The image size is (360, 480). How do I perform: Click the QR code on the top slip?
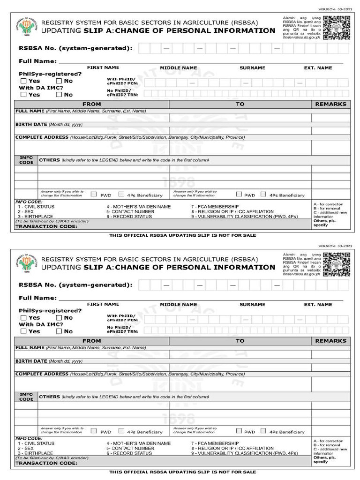click(337, 27)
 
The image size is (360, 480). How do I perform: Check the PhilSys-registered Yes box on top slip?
click(23, 81)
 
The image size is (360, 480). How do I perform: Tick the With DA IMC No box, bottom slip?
click(59, 331)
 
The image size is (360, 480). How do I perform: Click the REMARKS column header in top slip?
click(330, 104)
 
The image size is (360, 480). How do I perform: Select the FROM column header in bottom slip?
click(91, 341)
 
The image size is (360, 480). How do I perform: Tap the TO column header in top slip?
click(240, 104)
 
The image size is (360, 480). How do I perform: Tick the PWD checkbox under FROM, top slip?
click(94, 194)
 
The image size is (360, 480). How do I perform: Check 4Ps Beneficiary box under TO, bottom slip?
click(263, 431)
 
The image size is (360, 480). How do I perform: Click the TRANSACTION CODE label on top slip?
click(46, 226)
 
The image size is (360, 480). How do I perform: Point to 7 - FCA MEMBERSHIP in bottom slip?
click(215, 443)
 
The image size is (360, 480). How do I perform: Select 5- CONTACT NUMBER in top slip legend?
click(130, 211)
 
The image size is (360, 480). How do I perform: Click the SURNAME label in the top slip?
click(252, 68)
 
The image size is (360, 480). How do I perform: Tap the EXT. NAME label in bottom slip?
click(318, 305)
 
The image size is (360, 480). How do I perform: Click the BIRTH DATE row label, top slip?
click(31, 125)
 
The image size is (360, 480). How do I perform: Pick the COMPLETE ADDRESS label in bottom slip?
click(42, 374)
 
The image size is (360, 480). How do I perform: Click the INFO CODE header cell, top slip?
click(26, 160)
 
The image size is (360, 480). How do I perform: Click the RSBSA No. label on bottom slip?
click(75, 285)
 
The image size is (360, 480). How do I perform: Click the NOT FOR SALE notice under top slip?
click(183, 235)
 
